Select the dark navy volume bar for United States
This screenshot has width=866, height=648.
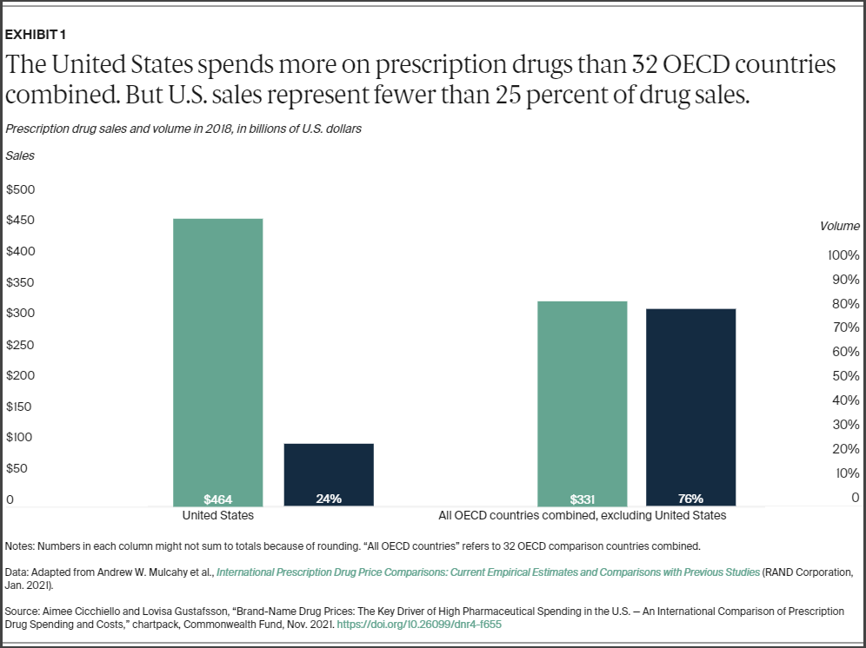click(329, 473)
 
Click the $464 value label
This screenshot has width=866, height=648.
click(218, 499)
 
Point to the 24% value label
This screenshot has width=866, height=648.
click(329, 499)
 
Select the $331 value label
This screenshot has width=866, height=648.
click(583, 499)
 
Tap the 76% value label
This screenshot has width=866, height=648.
click(690, 499)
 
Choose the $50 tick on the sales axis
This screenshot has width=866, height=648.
click(17, 468)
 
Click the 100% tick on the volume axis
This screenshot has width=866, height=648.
click(843, 255)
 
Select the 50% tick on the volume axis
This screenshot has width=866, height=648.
click(845, 376)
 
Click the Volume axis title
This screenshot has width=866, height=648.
click(839, 226)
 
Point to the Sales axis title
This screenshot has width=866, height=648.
click(20, 156)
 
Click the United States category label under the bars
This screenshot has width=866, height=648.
click(218, 515)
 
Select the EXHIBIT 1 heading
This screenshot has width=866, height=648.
click(36, 35)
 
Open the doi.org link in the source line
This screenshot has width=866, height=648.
click(419, 625)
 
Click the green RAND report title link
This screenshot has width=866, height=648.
click(488, 572)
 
